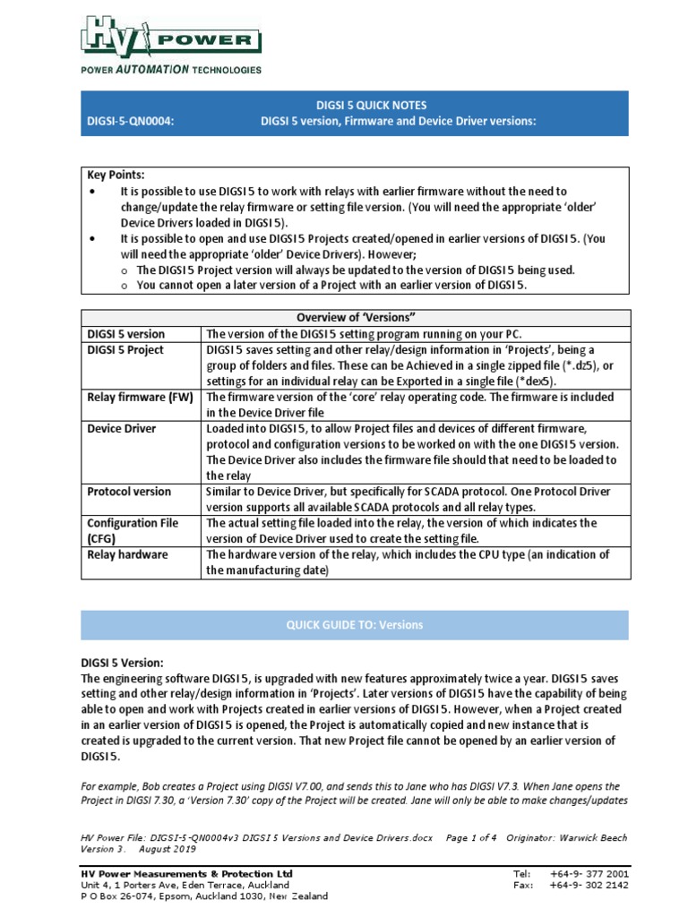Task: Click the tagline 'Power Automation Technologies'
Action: click(171, 69)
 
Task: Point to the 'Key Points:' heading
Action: click(116, 176)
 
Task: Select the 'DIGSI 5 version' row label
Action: click(126, 334)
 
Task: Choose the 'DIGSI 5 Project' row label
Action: click(125, 350)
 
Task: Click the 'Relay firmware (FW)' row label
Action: click(140, 397)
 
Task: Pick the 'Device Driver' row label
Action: click(122, 428)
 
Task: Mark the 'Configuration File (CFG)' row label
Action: click(133, 530)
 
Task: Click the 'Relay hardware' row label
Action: click(127, 554)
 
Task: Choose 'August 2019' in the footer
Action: click(171, 850)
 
